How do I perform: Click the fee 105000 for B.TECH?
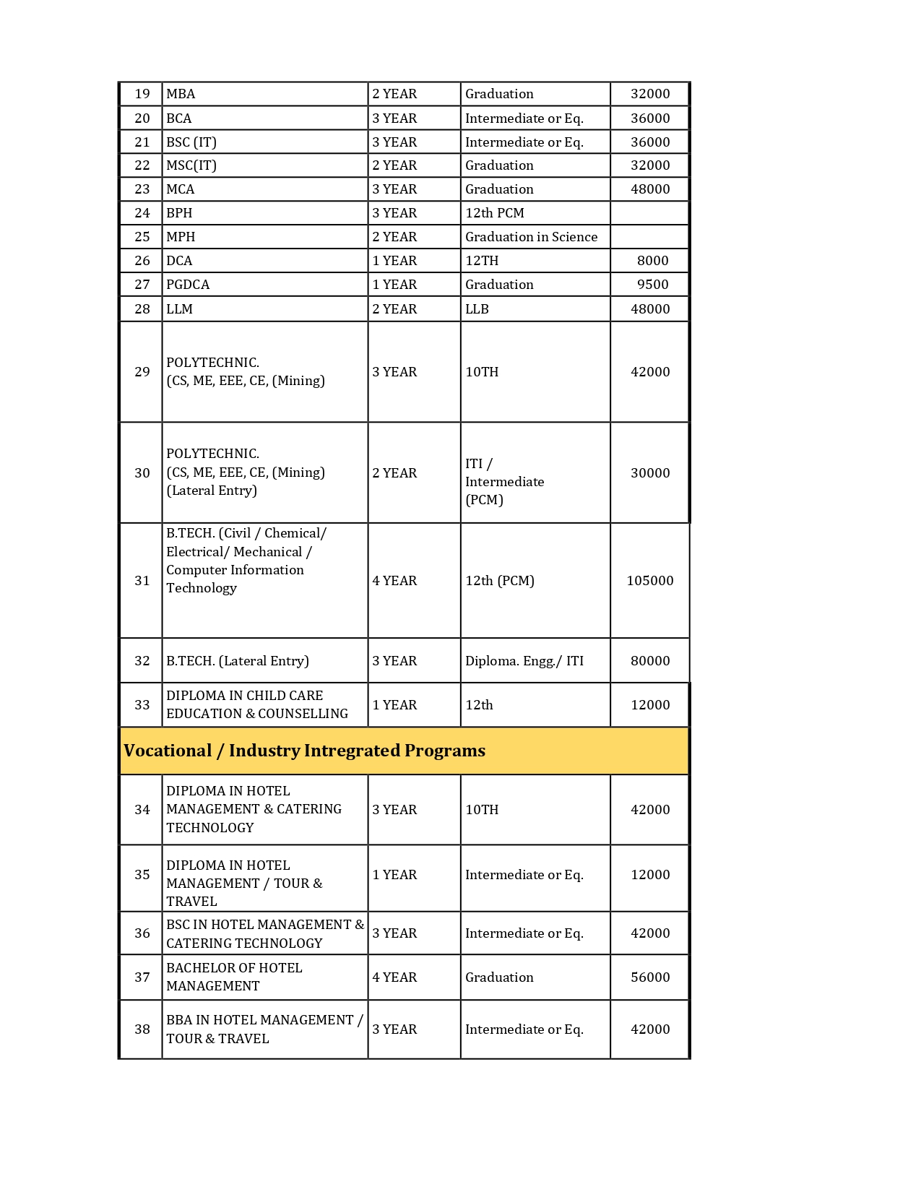pyautogui.click(x=649, y=581)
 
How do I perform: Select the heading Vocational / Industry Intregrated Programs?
pyautogui.click(x=304, y=751)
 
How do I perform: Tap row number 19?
pyautogui.click(x=142, y=94)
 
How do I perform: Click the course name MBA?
pyautogui.click(x=181, y=94)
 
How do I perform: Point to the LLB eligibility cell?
pyautogui.click(x=477, y=309)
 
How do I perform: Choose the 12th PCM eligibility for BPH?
pyautogui.click(x=494, y=213)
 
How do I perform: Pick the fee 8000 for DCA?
pyautogui.click(x=652, y=261)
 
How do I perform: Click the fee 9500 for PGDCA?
pyautogui.click(x=652, y=285)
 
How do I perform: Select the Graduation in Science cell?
pyautogui.click(x=531, y=237)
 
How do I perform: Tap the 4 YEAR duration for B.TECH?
pyautogui.click(x=394, y=581)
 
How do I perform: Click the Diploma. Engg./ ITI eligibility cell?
pyautogui.click(x=524, y=661)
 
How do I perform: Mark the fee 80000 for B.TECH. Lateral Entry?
pyautogui.click(x=650, y=661)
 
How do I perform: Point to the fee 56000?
pyautogui.click(x=650, y=977)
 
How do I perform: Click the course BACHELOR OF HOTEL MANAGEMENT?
pyautogui.click(x=234, y=977)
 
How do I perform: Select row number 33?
pyautogui.click(x=142, y=705)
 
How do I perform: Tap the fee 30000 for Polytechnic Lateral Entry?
pyautogui.click(x=650, y=473)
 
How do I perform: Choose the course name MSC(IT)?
pyautogui.click(x=191, y=165)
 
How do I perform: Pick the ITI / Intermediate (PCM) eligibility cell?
pyautogui.click(x=504, y=482)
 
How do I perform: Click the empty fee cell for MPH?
pyautogui.click(x=649, y=237)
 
